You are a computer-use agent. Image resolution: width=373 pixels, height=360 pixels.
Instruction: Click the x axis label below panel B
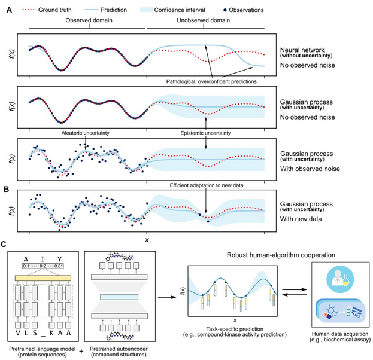click(x=146, y=240)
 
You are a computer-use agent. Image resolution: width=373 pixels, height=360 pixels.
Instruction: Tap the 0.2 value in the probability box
click(x=43, y=266)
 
